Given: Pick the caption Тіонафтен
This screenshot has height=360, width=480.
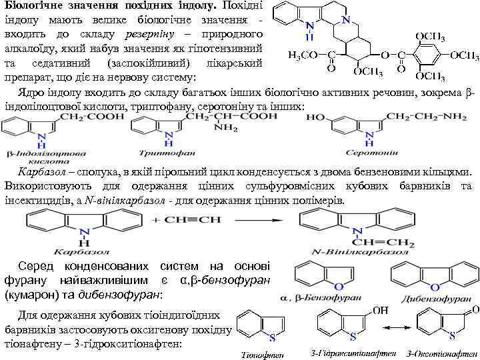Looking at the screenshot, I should (x=257, y=354).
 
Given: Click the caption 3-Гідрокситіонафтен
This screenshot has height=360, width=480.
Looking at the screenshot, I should (x=342, y=351).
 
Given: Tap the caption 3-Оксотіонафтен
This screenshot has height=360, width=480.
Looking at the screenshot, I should (x=439, y=351).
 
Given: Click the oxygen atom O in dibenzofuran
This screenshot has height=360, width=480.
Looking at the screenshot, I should (x=434, y=287).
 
